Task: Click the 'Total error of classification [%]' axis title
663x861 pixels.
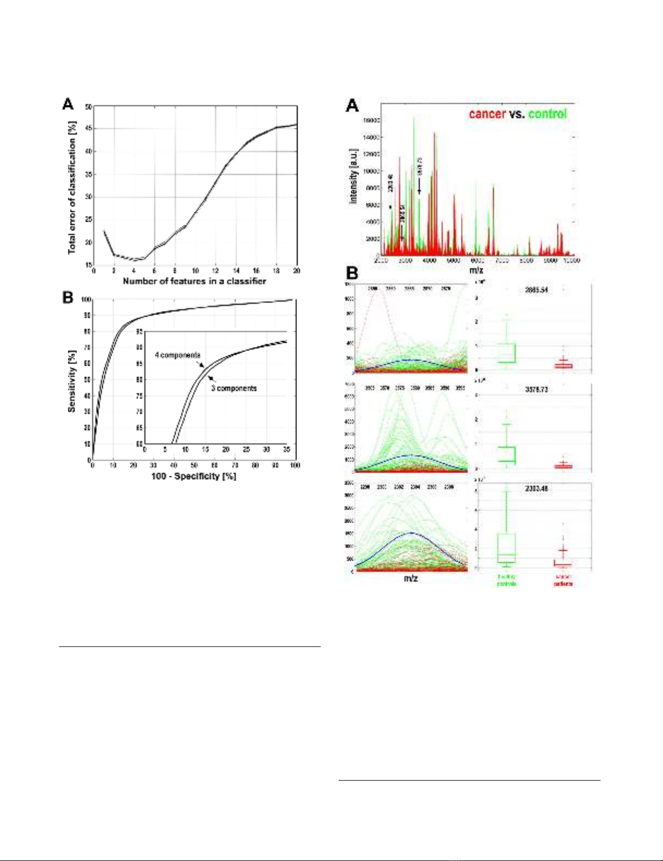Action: tap(72, 187)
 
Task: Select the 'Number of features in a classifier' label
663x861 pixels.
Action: tap(194, 281)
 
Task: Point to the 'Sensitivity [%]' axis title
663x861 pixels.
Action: tap(71, 381)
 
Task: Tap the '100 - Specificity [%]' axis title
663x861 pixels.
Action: tap(193, 476)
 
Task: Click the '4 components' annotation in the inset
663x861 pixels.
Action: tap(177, 355)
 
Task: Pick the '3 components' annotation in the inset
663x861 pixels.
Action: tap(234, 388)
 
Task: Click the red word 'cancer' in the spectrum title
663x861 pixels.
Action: tap(487, 114)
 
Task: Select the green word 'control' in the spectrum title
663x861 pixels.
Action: tap(547, 114)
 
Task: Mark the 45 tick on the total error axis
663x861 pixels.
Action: tap(88, 129)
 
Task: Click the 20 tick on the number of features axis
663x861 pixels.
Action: tap(296, 271)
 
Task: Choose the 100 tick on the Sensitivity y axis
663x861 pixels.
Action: tap(85, 300)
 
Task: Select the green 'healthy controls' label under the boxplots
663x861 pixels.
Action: tap(507, 580)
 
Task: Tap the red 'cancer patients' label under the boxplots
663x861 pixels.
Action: tap(563, 580)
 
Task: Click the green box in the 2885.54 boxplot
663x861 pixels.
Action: tap(507, 353)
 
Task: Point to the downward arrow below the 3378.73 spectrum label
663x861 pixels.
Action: tap(419, 188)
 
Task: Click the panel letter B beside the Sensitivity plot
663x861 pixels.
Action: tap(68, 298)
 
